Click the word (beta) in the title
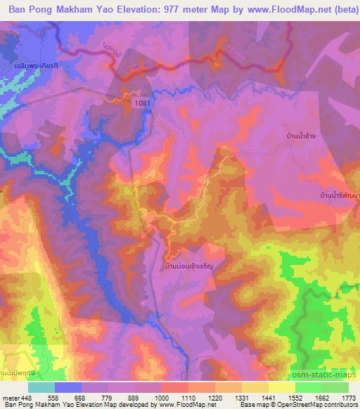pyautogui.click(x=337, y=11)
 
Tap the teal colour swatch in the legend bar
pyautogui.click(x=41, y=387)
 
